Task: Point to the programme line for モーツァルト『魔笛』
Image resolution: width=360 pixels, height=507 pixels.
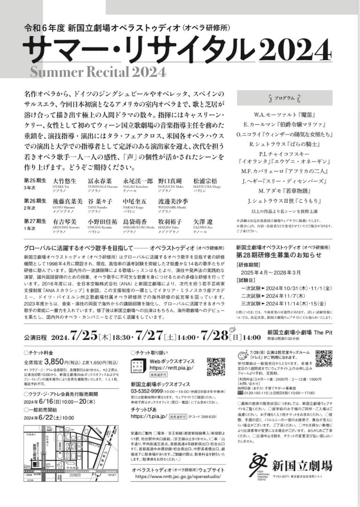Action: click(285, 114)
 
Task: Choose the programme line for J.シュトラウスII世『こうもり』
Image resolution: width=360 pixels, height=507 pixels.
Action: click(285, 201)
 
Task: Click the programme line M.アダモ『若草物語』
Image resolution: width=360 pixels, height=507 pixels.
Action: click(285, 191)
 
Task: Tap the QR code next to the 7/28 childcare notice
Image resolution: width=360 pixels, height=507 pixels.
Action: click(324, 358)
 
